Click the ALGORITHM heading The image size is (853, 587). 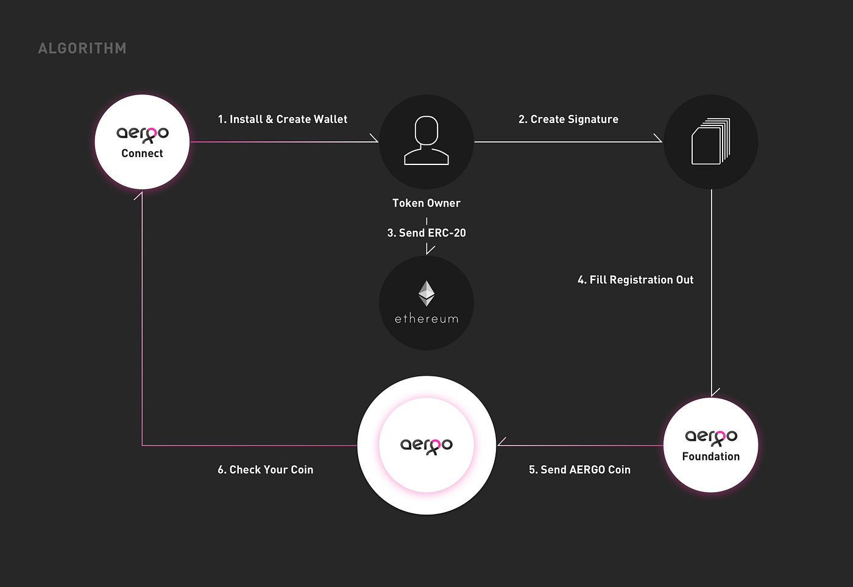pyautogui.click(x=82, y=48)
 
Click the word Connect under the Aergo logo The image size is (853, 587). pyautogui.click(x=142, y=153)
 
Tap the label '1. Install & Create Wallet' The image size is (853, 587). pyautogui.click(x=283, y=119)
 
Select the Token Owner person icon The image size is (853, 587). pyautogui.click(x=426, y=141)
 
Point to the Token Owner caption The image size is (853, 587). pyautogui.click(x=426, y=203)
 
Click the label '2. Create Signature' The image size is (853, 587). pyautogui.click(x=568, y=119)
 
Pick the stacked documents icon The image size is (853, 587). pyautogui.click(x=711, y=141)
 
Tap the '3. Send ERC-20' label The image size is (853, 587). pyautogui.click(x=426, y=233)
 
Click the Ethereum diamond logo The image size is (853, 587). pyautogui.click(x=426, y=293)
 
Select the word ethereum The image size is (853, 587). pyautogui.click(x=426, y=318)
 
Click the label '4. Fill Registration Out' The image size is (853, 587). pyautogui.click(x=635, y=279)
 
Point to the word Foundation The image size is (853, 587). pyautogui.click(x=711, y=456)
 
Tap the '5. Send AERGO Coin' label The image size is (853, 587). pyautogui.click(x=579, y=469)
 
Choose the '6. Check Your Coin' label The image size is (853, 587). pyautogui.click(x=266, y=469)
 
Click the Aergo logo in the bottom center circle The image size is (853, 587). pyautogui.click(x=426, y=446)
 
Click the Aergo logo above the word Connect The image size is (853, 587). pyautogui.click(x=143, y=135)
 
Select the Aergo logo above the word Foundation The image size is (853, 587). pyautogui.click(x=711, y=438)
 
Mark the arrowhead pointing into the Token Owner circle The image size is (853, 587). pyautogui.click(x=374, y=138)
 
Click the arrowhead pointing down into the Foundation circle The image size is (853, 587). pyautogui.click(x=715, y=393)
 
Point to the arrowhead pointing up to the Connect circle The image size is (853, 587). pyautogui.click(x=138, y=195)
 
